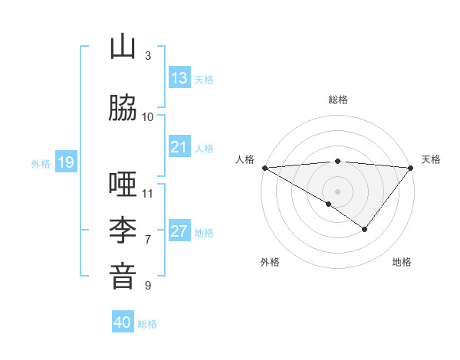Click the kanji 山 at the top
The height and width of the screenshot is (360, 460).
click(123, 47)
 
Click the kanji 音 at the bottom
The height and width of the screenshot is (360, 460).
click(123, 277)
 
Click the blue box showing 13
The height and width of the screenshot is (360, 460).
click(179, 78)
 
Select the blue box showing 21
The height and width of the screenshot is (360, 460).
click(179, 147)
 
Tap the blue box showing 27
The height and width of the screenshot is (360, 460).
click(179, 231)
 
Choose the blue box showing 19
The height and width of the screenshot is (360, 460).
click(65, 162)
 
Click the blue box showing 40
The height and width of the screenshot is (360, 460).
click(123, 322)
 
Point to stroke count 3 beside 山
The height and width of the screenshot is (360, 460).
click(148, 55)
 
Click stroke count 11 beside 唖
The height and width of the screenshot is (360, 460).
click(148, 193)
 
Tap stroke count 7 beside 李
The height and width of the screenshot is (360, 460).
click(148, 239)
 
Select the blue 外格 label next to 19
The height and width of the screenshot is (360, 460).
click(41, 163)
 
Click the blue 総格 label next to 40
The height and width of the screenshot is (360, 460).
click(147, 323)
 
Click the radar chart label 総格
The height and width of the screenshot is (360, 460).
click(337, 100)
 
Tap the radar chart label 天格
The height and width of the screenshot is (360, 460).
click(432, 159)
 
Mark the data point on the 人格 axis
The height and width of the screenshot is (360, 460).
click(264, 167)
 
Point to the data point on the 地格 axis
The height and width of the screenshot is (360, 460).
click(365, 229)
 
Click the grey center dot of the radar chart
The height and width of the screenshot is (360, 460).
click(337, 191)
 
